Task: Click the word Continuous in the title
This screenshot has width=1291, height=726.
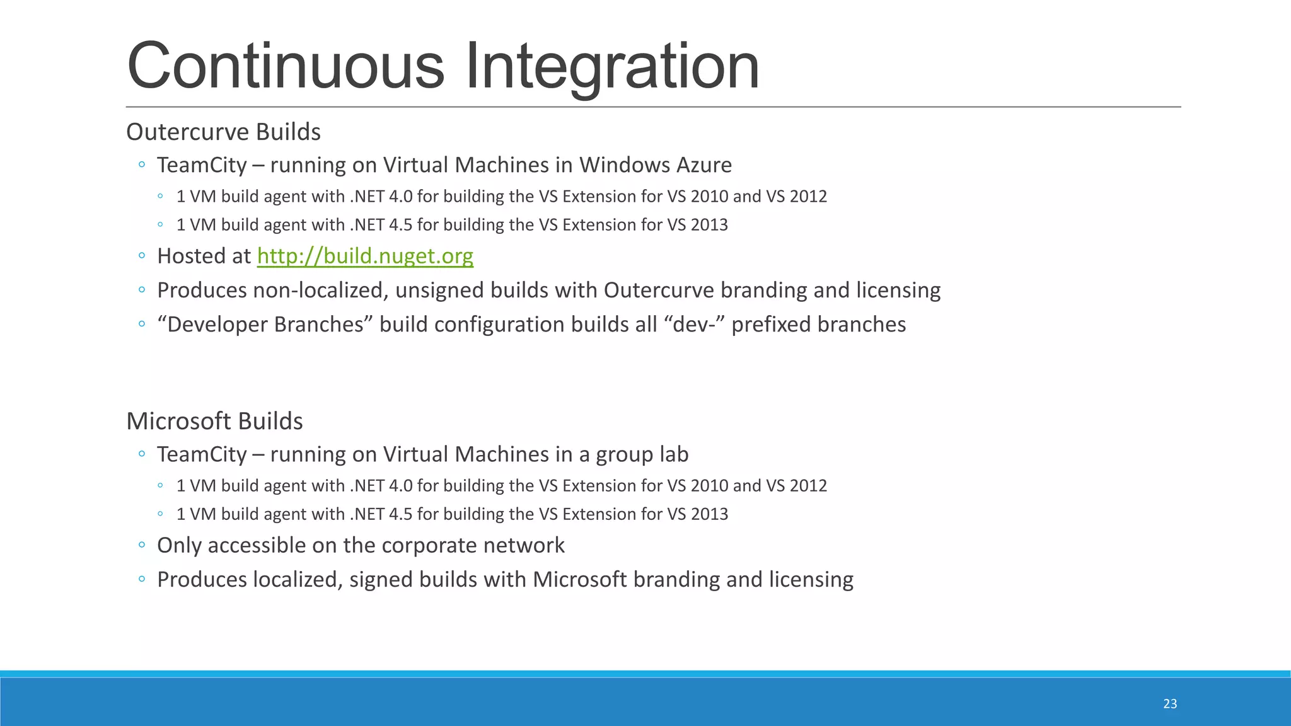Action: click(x=286, y=66)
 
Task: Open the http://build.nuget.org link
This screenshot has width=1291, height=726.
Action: click(x=365, y=256)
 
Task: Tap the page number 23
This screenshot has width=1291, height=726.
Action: click(x=1170, y=704)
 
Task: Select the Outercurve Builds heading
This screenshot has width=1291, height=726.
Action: click(x=223, y=132)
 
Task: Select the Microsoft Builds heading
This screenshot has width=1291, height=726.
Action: click(x=214, y=421)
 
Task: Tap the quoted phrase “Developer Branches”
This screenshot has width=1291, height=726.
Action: click(x=265, y=325)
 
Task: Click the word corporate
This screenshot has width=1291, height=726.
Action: click(x=429, y=545)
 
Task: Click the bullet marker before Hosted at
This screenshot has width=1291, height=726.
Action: click(x=142, y=256)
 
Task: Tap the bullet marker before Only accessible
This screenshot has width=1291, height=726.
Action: click(x=142, y=545)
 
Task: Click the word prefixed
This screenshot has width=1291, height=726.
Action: click(x=771, y=325)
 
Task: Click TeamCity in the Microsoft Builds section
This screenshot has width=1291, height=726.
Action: click(x=202, y=454)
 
